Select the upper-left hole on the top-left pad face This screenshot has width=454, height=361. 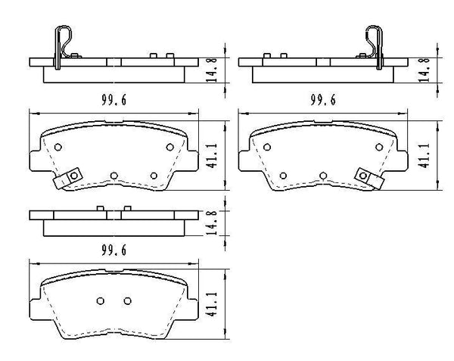(x=59, y=148)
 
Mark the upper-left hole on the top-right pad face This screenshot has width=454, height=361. (x=269, y=148)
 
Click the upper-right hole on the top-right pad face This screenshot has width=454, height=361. (x=378, y=148)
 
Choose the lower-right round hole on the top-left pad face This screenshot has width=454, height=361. (x=154, y=176)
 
